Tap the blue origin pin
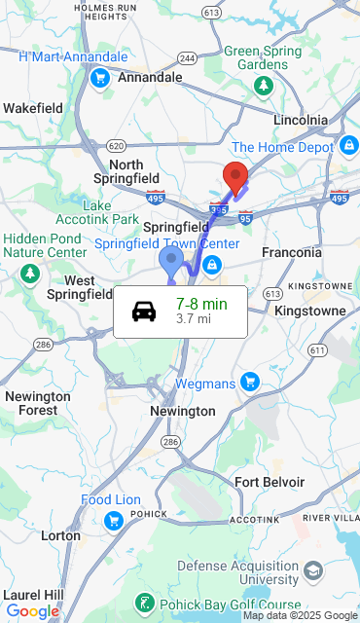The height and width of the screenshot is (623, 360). [171, 260]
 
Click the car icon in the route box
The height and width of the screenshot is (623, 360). [144, 311]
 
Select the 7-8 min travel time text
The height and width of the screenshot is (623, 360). [201, 304]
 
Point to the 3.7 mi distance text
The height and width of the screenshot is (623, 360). [194, 318]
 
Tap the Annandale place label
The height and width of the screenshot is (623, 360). [150, 77]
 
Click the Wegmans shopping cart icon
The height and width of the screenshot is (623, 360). [250, 381]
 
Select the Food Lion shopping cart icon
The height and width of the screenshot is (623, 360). [114, 520]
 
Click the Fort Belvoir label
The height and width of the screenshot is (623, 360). [270, 482]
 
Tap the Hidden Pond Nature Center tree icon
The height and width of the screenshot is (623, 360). [31, 271]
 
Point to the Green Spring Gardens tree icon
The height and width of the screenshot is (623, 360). [263, 86]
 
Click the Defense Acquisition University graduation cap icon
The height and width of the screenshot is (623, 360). [313, 569]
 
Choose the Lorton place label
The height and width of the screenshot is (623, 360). [60, 535]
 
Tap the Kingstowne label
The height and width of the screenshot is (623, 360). [310, 311]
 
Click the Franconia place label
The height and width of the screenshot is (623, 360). [291, 252]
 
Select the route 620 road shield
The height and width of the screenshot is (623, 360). [116, 145]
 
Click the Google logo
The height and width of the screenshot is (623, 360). [32, 611]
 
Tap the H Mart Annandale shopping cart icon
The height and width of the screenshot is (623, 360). [98, 78]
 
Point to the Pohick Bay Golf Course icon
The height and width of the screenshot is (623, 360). [144, 604]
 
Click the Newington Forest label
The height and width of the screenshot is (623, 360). [38, 403]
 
